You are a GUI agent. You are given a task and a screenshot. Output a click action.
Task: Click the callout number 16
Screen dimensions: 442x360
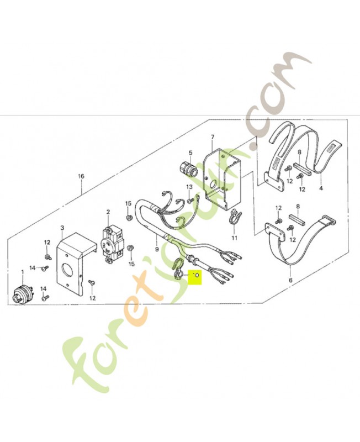(x=81, y=176)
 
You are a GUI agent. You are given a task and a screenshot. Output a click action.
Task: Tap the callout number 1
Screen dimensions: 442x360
(x=23, y=272)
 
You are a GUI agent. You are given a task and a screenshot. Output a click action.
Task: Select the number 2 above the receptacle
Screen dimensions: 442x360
(x=108, y=212)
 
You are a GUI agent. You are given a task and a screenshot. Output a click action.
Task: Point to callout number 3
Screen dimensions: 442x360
(x=62, y=228)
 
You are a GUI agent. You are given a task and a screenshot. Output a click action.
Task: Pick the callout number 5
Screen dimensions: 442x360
(x=190, y=153)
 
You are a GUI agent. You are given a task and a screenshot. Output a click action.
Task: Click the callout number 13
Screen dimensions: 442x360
(x=189, y=187)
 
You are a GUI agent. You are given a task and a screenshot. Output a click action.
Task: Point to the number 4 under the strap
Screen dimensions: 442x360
(x=320, y=188)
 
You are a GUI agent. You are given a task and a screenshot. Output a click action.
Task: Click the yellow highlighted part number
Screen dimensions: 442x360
(x=195, y=275)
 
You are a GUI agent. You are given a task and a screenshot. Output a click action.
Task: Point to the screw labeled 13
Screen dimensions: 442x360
(x=189, y=199)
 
